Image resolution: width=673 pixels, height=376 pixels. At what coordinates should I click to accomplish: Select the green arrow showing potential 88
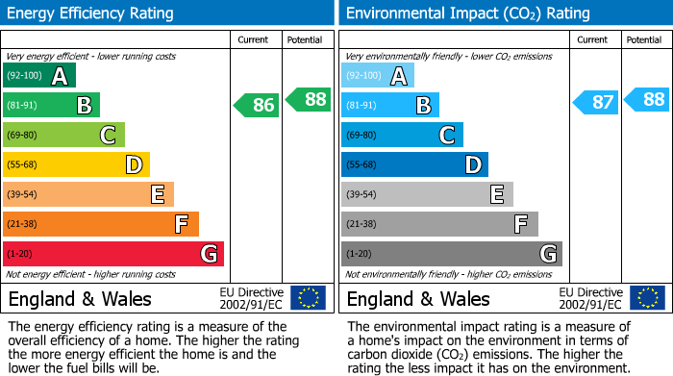[309, 98]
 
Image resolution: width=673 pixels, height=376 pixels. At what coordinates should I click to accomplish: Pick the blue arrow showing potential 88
[647, 98]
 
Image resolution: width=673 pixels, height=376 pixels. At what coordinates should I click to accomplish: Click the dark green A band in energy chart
[39, 75]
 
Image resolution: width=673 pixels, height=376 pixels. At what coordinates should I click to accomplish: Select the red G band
[113, 254]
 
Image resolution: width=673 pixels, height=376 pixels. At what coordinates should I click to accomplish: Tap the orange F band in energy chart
[101, 224]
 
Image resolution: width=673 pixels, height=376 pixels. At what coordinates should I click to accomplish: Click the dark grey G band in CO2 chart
[452, 254]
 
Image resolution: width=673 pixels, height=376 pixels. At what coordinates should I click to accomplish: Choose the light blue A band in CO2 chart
[378, 75]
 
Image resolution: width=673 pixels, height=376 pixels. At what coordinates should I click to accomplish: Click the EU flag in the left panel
[309, 298]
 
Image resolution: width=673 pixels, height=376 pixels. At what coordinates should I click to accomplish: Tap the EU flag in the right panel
[647, 298]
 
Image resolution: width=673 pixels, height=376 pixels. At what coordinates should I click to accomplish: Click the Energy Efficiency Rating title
[91, 13]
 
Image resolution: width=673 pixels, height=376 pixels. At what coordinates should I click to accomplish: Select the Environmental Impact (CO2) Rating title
[467, 13]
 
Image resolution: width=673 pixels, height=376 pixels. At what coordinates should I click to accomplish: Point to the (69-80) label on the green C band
[24, 136]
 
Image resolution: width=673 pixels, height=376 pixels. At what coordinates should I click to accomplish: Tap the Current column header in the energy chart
[255, 39]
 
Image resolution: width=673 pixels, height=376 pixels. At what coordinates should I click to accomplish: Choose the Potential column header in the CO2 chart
[644, 39]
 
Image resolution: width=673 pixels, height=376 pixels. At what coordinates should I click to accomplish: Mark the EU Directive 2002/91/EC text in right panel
[590, 298]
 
